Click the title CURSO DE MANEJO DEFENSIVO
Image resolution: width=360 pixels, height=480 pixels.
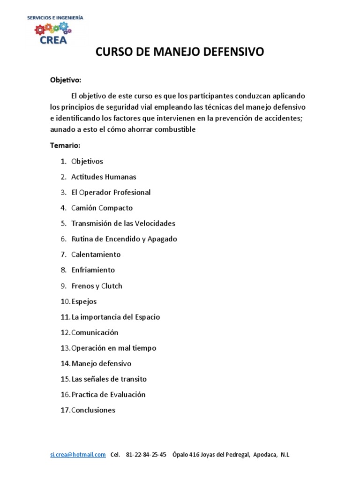tap(180, 52)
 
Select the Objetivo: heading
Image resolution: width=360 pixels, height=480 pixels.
tap(66, 80)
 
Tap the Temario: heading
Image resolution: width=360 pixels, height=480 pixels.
tap(65, 145)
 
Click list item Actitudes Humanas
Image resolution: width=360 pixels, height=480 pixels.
tap(104, 177)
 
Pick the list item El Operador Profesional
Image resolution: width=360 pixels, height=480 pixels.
tap(111, 192)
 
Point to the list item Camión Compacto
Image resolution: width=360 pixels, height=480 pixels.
tap(102, 208)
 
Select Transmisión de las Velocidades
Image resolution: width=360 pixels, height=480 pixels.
tap(123, 223)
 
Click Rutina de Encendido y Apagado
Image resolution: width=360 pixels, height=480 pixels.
tap(124, 239)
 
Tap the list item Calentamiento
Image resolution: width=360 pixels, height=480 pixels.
tap(96, 255)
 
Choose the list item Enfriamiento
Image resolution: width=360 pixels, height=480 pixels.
tap(93, 270)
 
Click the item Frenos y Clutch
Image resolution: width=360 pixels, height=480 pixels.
tap(97, 286)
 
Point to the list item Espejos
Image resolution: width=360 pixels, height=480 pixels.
tap(84, 301)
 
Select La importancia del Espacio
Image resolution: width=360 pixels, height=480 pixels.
tap(116, 317)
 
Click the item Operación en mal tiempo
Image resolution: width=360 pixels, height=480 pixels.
tap(114, 348)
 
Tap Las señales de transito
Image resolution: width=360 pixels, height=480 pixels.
tap(109, 379)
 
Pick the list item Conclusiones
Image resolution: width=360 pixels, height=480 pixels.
tap(93, 410)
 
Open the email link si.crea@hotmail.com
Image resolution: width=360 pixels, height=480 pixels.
tap(78, 455)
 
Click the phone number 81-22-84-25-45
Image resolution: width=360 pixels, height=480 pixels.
tap(146, 455)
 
